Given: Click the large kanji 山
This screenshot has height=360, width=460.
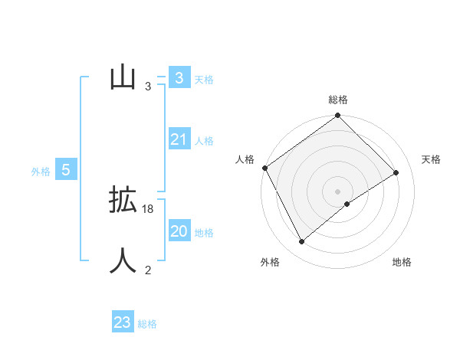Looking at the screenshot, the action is click(x=123, y=77).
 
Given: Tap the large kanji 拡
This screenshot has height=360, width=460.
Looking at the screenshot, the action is click(x=123, y=201).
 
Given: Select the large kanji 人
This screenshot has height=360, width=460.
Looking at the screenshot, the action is click(x=123, y=260).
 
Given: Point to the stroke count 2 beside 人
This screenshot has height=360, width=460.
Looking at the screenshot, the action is click(x=148, y=270).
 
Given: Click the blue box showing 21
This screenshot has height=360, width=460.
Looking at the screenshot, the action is click(x=179, y=139).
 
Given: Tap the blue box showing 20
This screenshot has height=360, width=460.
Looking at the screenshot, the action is click(x=179, y=231).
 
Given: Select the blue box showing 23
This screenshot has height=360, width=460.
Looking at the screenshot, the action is click(x=123, y=322).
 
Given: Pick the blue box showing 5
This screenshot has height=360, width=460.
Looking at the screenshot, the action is click(x=66, y=170).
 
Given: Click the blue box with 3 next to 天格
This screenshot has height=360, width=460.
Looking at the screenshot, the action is click(x=179, y=77).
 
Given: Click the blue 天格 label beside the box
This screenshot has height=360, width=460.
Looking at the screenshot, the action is click(x=204, y=80).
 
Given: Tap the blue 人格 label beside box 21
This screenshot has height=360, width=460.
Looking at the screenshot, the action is click(x=204, y=141).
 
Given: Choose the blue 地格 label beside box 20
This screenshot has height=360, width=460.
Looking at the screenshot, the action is click(x=204, y=233).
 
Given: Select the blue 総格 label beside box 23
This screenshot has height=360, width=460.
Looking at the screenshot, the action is click(x=147, y=324).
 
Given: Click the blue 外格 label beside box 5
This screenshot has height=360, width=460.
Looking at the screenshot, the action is click(x=41, y=172).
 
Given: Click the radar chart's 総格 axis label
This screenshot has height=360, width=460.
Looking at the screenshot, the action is click(x=338, y=100).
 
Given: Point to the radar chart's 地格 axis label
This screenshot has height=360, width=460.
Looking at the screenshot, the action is click(x=402, y=262).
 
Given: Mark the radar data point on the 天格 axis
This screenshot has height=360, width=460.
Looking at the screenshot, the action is click(x=396, y=172).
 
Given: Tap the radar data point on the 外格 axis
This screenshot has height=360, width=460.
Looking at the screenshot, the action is click(x=302, y=242).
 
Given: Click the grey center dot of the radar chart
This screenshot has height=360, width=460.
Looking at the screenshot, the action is click(x=338, y=191).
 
